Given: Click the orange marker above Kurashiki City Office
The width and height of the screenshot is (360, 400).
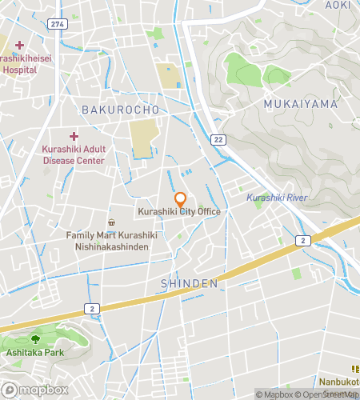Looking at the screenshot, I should pos(180,198).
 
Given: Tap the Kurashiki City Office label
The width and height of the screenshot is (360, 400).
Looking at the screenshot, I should pos(179,211).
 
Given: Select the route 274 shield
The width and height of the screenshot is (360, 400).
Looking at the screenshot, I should pos(55,25).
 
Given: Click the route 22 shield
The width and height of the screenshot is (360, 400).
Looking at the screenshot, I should pos(218,139).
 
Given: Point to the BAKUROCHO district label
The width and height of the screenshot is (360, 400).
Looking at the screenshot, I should pos(121,107).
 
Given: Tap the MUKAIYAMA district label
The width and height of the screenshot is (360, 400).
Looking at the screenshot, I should pos(300,104).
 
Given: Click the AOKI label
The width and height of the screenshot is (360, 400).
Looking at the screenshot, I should pos(338,5).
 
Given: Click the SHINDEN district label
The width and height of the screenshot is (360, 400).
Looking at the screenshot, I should pos(190,283).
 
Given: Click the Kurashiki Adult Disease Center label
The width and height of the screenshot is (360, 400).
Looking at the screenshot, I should pos(74,155).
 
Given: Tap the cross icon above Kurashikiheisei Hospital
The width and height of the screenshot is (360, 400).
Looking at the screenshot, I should pos(19,45).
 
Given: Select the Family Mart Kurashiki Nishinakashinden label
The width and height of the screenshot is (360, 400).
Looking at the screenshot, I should pos(111,242).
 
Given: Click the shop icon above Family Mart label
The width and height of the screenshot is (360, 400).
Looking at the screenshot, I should pos(111,222).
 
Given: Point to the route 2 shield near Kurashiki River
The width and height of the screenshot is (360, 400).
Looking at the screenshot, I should pos(302,240).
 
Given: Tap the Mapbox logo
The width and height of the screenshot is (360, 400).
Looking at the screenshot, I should pos(34,390).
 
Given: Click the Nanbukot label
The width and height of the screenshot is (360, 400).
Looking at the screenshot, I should pos(342,382).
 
